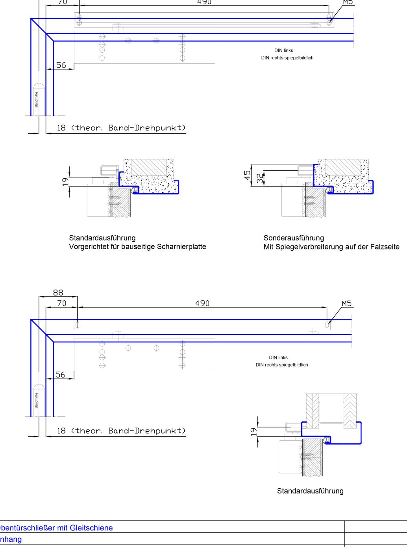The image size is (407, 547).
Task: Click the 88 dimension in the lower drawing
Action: coord(58,292)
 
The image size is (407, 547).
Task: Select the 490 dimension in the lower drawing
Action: coord(202,303)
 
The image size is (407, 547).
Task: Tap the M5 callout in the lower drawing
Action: coord(347,303)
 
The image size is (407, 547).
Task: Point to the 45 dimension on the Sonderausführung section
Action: coord(248,175)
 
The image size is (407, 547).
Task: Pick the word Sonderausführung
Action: coord(294,238)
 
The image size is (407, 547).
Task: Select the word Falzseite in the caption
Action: coord(384,247)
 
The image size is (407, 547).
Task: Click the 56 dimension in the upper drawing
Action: coord(61,65)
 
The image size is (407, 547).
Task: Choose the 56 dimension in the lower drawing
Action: coord(60,375)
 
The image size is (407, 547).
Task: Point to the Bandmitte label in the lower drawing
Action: coord(37,400)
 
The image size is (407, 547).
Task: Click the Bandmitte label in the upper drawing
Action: coord(37,100)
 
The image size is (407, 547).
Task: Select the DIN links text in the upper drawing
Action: coord(284,50)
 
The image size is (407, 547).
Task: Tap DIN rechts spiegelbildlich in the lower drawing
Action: coord(282,365)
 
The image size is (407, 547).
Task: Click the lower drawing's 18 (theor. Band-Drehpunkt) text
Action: coord(121,431)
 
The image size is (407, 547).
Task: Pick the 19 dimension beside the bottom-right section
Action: coord(254,431)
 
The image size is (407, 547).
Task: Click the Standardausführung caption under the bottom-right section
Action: coord(310,491)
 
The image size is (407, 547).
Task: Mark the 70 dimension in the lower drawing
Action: coord(62,303)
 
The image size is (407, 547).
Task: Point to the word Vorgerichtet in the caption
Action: coord(87,247)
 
